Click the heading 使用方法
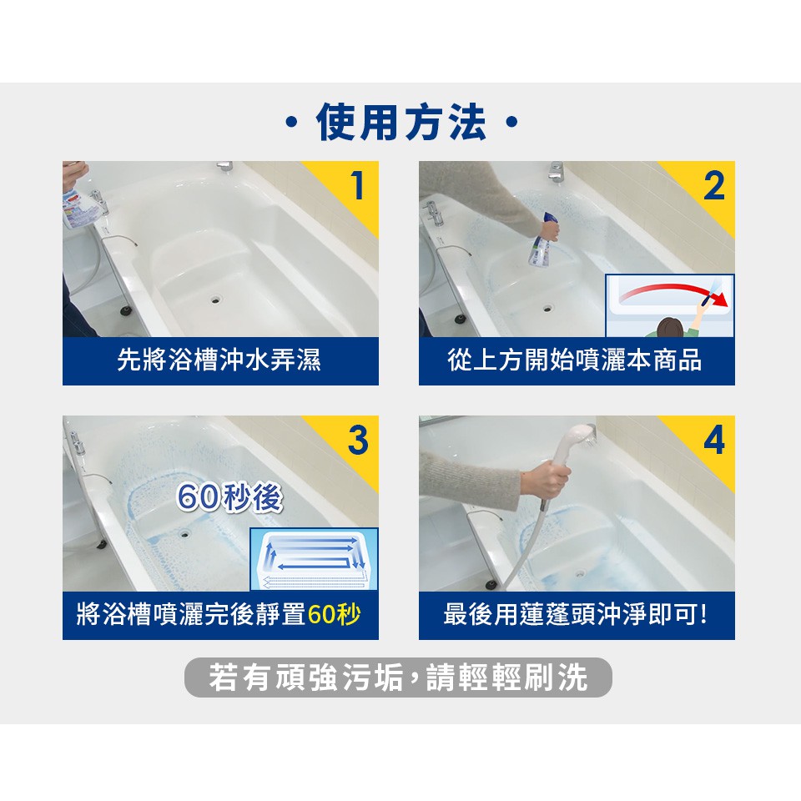(400, 122)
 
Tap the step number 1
(358, 186)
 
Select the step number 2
(713, 186)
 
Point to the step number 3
(358, 440)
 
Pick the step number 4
(713, 440)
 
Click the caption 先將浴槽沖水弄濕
(219, 360)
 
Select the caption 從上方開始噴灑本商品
(575, 360)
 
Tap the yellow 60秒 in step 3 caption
(334, 614)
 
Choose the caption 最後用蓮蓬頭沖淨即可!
(576, 614)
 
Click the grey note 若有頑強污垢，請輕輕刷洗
(398, 678)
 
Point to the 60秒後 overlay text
(229, 497)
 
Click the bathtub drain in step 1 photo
(215, 300)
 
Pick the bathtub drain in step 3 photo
(184, 534)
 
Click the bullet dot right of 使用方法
(511, 123)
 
